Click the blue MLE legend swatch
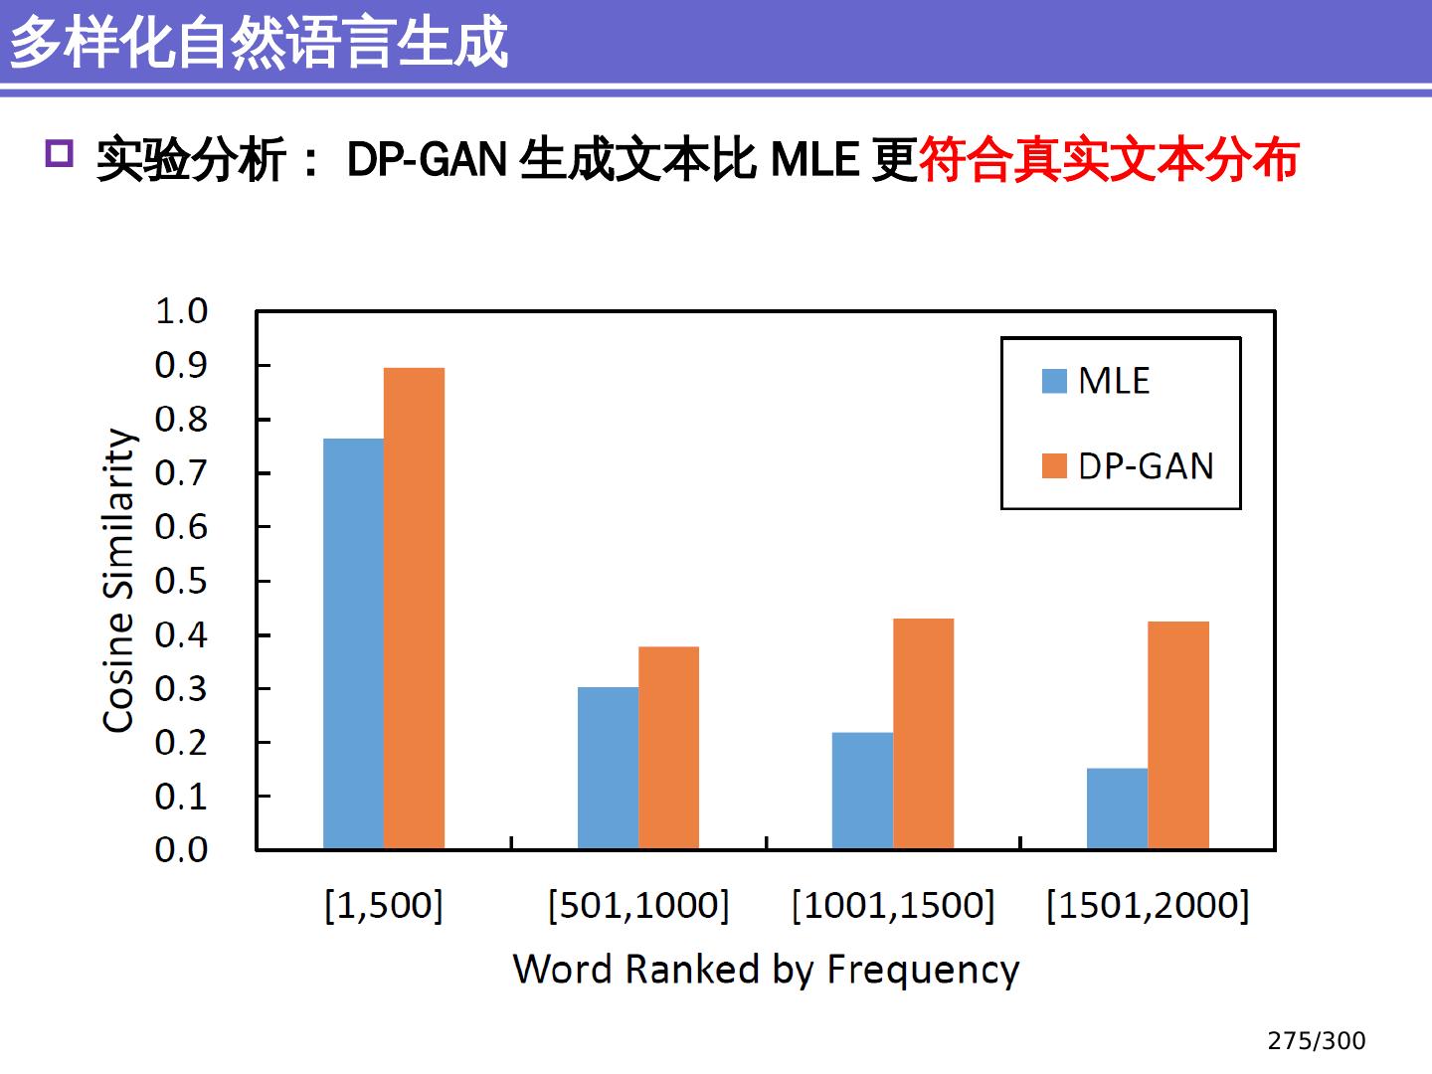point(1054,381)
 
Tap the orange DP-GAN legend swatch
point(1054,465)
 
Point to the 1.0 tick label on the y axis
point(181,311)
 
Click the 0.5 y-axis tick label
point(181,581)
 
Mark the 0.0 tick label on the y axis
point(181,850)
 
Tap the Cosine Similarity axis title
point(118,581)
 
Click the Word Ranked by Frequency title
point(766,969)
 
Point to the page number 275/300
point(1316,1041)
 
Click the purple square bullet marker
point(60,154)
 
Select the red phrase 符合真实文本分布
point(1109,160)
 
